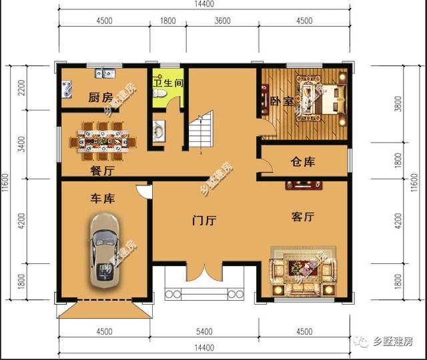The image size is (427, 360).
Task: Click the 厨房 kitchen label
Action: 101,97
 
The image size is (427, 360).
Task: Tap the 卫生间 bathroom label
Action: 168,83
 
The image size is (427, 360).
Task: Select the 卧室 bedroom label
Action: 282,101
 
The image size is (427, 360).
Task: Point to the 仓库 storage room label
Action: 303,162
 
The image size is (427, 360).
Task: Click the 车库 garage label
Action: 103,199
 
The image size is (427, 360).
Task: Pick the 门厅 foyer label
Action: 204,220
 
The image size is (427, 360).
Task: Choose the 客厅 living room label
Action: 303,217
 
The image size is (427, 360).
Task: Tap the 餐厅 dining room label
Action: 102,171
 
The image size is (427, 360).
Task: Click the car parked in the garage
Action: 105,251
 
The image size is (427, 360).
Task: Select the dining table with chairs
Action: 103,141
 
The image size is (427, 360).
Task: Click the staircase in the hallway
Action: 201,133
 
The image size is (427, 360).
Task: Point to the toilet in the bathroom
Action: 159,93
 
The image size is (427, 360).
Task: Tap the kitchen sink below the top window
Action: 105,73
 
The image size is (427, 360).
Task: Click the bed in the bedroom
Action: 322,99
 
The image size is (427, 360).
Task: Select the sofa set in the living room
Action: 303,271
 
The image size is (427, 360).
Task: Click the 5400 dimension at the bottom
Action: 204,331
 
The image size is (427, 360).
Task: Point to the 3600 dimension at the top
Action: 222,21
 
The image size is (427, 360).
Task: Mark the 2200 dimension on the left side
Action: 21,87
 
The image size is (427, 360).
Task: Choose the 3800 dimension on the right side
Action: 398,104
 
